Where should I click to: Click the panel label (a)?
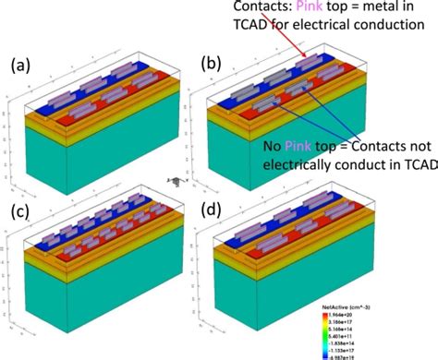pos(21,66)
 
